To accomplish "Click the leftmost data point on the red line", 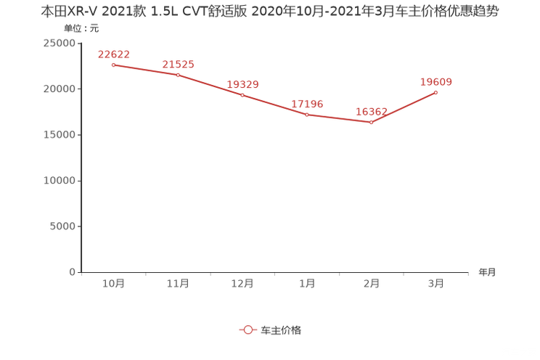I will click(113, 65).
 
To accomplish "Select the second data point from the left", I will click(178, 74).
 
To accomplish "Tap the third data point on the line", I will click(242, 94).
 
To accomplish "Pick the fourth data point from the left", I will click(307, 114).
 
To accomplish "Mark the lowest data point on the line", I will click(371, 123).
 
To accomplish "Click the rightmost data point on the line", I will click(436, 92).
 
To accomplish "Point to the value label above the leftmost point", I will click(113, 54).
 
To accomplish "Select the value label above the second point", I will click(178, 64).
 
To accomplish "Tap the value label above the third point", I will click(242, 84).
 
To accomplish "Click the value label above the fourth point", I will click(307, 104).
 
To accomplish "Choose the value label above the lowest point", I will click(371, 112).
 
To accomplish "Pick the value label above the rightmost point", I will click(436, 81).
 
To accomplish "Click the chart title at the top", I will click(269, 12).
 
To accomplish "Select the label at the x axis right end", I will click(487, 273).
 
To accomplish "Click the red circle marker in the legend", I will click(247, 330).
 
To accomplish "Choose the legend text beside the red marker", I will click(280, 330).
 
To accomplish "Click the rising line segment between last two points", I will click(404, 107).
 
